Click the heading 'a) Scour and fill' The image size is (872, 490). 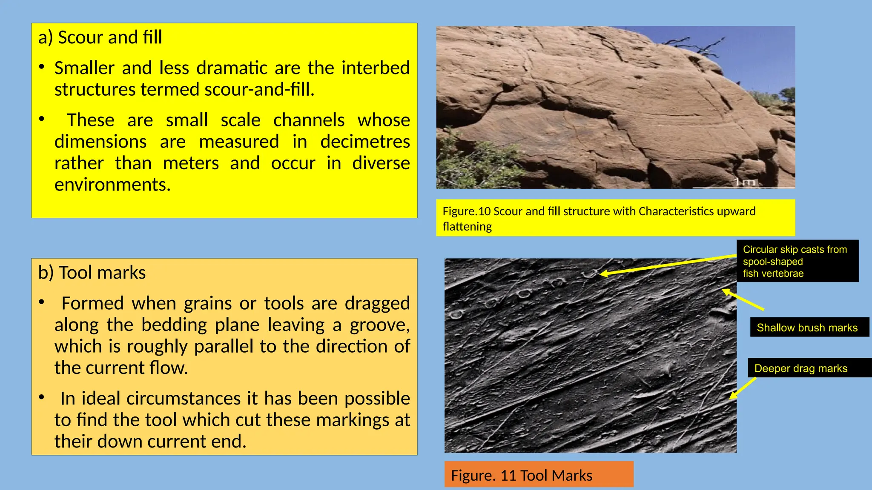coord(100,37)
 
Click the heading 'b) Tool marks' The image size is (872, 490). coord(92,273)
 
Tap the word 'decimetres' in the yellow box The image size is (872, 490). coord(365,142)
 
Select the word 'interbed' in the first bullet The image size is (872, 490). coord(375,68)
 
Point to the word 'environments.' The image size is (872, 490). coord(112,185)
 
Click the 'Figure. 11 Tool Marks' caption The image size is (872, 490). coord(522,475)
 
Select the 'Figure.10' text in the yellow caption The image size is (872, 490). coord(467,211)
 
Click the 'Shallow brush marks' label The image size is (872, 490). coord(807,328)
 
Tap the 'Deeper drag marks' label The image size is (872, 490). coord(801,368)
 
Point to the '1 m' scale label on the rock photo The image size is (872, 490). coord(744,182)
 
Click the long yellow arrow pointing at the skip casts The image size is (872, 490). coord(668,265)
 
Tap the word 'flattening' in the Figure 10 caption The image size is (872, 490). coord(467,227)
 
